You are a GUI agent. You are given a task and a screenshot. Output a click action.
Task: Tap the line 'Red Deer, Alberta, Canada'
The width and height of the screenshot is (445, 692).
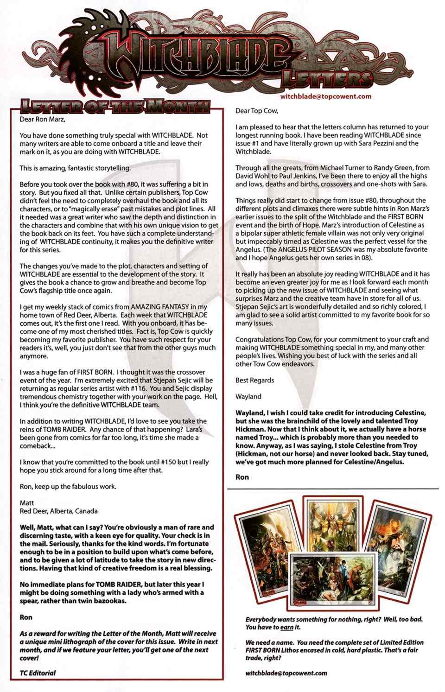[58, 511]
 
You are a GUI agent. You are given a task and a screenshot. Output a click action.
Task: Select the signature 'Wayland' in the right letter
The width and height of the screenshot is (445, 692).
[248, 396]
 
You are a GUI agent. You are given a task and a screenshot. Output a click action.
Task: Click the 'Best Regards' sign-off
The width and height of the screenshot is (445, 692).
[254, 380]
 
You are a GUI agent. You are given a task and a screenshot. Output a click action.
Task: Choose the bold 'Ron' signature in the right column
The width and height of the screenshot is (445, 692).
[242, 476]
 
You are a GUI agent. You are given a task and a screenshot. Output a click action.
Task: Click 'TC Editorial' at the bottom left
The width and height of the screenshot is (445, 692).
[38, 673]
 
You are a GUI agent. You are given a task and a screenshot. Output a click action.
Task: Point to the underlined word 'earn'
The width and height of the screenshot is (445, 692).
[287, 627]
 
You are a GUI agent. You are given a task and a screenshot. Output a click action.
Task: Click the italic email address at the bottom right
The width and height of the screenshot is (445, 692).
[286, 673]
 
